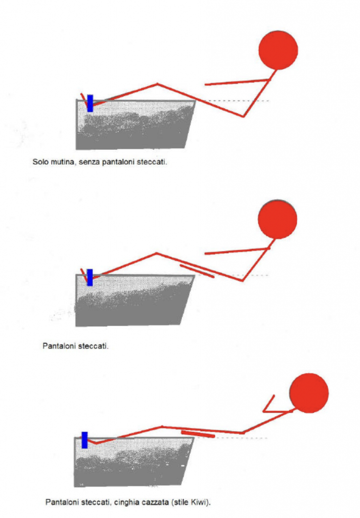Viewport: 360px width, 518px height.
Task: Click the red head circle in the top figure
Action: pyautogui.click(x=278, y=50)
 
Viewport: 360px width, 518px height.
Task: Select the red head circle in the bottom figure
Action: pyautogui.click(x=308, y=394)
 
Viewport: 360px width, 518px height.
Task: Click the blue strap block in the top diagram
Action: pyautogui.click(x=90, y=103)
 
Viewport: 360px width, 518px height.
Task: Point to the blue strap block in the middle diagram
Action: pyautogui.click(x=89, y=277)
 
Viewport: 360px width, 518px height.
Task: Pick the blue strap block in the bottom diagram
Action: pyautogui.click(x=85, y=440)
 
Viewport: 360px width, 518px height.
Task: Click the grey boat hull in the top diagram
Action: pyautogui.click(x=134, y=126)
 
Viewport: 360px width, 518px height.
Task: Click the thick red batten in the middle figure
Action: pyautogui.click(x=197, y=270)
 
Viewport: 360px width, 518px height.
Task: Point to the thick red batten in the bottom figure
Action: pyautogui.click(x=198, y=434)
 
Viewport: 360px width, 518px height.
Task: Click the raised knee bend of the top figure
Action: pyautogui.click(x=157, y=84)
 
